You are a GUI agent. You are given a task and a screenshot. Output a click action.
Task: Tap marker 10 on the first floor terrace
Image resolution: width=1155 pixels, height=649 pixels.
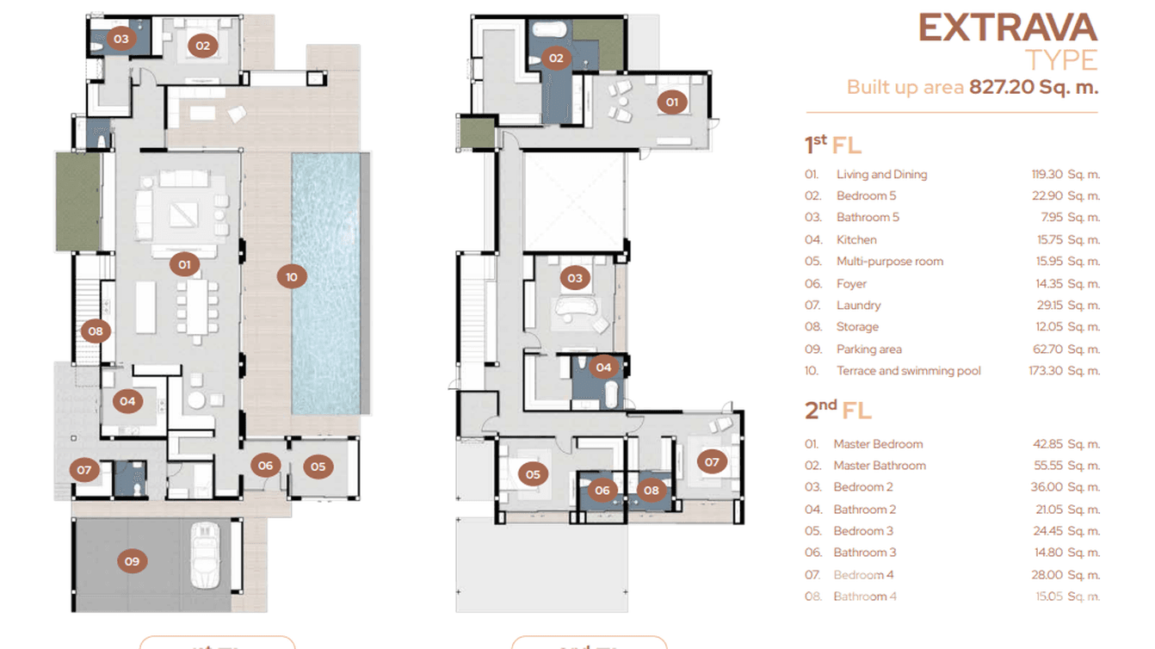pyautogui.click(x=292, y=276)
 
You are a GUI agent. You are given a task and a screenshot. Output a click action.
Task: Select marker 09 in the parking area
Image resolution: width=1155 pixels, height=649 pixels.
pyautogui.click(x=132, y=561)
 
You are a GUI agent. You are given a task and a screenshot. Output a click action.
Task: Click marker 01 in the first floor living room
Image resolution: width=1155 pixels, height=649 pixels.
pyautogui.click(x=183, y=264)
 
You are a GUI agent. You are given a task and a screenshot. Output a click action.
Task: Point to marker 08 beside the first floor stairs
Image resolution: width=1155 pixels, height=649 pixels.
pyautogui.click(x=96, y=331)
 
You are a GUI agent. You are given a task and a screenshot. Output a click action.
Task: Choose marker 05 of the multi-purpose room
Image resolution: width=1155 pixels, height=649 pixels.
pyautogui.click(x=318, y=467)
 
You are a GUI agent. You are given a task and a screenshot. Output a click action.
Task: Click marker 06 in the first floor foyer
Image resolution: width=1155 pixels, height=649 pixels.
pyautogui.click(x=265, y=466)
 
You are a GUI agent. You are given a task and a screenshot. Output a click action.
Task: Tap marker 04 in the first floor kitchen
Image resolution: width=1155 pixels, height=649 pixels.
pyautogui.click(x=127, y=400)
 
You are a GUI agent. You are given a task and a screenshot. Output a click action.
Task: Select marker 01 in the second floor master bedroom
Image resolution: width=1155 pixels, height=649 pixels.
pyautogui.click(x=672, y=102)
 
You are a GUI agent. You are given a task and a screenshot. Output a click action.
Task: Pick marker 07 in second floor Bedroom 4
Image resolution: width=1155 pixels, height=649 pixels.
pyautogui.click(x=712, y=462)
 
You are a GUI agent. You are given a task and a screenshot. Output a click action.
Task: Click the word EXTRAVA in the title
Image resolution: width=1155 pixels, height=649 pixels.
pyautogui.click(x=1007, y=28)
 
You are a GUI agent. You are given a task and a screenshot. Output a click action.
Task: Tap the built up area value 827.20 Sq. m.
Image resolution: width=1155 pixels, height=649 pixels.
pyautogui.click(x=1034, y=87)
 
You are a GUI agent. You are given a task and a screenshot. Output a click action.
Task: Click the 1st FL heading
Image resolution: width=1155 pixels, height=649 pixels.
pyautogui.click(x=832, y=144)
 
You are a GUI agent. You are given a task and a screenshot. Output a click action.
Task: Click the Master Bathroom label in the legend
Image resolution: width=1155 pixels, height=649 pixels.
pyautogui.click(x=879, y=466)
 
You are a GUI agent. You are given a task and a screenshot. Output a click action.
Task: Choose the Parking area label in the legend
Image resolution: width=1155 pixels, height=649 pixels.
pyautogui.click(x=868, y=349)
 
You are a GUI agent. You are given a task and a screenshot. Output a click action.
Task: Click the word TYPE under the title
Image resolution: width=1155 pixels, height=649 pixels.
pyautogui.click(x=1061, y=60)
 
